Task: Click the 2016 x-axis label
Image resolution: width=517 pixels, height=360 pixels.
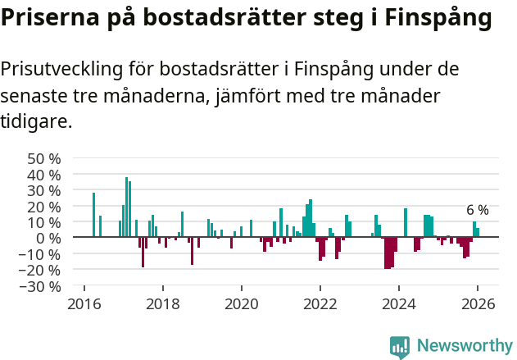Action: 84,304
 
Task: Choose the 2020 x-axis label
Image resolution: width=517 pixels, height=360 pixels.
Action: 241,304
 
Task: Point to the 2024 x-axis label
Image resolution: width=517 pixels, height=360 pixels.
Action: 398,304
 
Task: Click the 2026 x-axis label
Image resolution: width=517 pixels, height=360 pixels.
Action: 477,304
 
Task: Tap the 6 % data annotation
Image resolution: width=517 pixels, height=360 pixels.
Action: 477,210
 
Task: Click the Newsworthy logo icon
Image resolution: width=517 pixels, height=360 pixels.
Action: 400,347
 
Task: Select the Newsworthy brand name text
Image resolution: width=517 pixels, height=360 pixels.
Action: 464,347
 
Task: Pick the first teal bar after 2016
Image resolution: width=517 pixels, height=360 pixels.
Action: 93,215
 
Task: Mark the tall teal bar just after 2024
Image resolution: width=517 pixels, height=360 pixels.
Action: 405,222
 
